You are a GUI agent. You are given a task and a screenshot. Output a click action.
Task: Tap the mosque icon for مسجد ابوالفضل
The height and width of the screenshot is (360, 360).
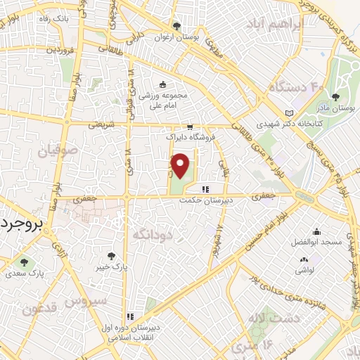point(318,232)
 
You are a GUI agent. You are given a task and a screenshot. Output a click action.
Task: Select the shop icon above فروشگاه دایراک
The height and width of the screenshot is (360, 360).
point(189,127)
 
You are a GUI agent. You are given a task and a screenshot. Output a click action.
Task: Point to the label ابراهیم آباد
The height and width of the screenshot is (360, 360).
point(274,25)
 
